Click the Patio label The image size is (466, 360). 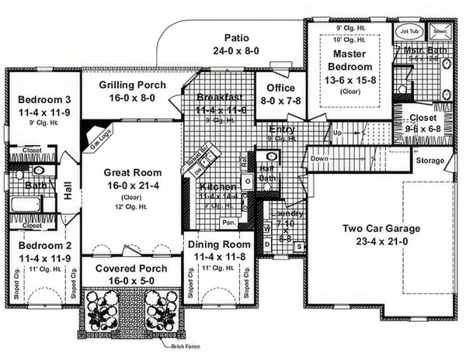(x=236, y=37)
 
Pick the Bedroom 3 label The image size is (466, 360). (x=38, y=99)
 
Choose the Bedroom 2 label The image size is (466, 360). (x=38, y=245)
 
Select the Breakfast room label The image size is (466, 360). (x=221, y=97)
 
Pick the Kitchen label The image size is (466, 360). (x=213, y=188)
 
